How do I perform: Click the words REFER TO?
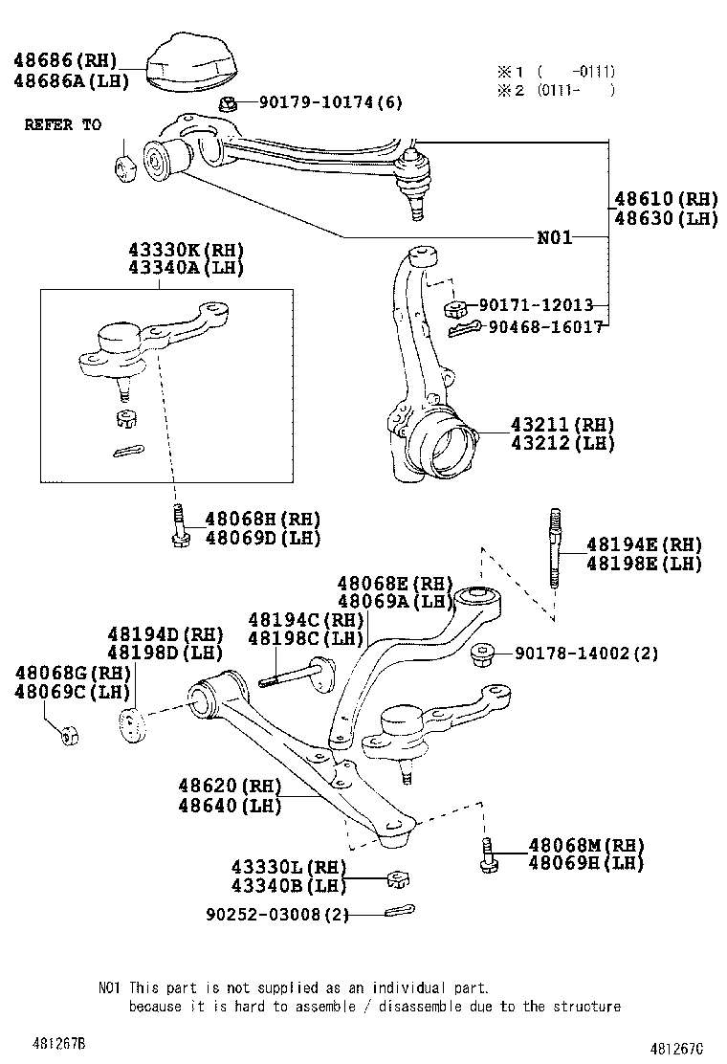pyautogui.click(x=62, y=125)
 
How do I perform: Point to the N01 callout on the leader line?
pyautogui.click(x=554, y=237)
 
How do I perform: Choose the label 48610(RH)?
pyautogui.click(x=665, y=200)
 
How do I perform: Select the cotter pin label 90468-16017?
pyautogui.click(x=545, y=326)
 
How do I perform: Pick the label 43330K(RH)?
pyautogui.click(x=186, y=251)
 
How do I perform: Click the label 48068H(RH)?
pyautogui.click(x=262, y=519)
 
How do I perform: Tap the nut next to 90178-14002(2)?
pyautogui.click(x=484, y=654)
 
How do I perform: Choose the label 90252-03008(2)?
pyautogui.click(x=276, y=914)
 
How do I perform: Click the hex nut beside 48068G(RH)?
pyautogui.click(x=68, y=735)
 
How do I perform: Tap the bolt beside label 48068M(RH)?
pyautogui.click(x=486, y=853)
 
